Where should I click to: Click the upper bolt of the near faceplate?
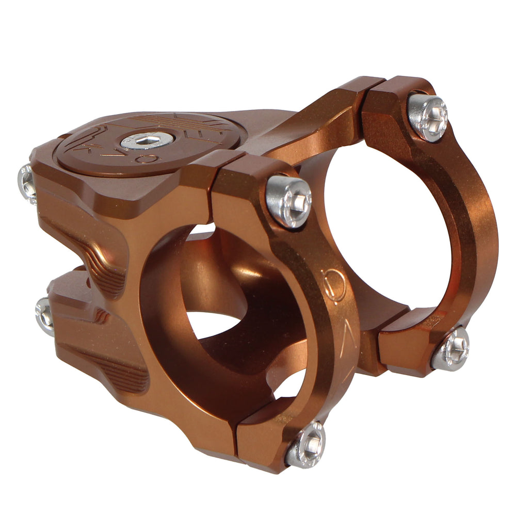[288, 201]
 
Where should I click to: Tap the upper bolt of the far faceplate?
[427, 117]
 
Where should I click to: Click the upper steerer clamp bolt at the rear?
[26, 183]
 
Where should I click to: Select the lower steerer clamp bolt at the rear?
[45, 315]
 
